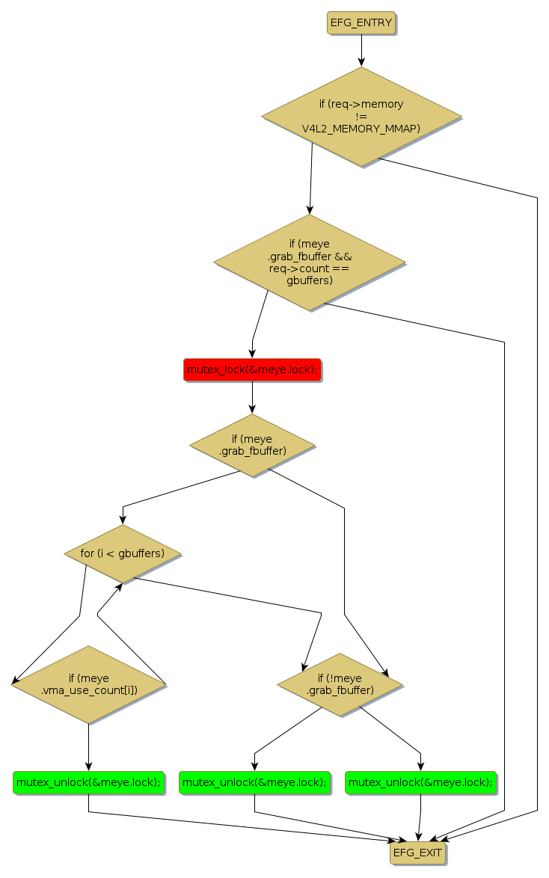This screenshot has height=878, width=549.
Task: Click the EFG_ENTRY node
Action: (x=361, y=23)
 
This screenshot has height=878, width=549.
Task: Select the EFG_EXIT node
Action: (x=417, y=853)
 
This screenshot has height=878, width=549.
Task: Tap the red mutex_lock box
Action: (x=252, y=369)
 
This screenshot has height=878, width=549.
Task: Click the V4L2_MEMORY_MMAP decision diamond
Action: (x=361, y=117)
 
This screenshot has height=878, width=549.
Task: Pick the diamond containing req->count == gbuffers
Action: (x=310, y=263)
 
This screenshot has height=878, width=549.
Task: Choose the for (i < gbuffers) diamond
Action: (x=123, y=554)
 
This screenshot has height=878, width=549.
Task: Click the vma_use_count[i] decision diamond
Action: (x=88, y=684)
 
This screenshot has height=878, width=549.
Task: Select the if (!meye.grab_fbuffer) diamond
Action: (x=340, y=684)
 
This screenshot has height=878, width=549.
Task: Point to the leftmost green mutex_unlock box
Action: (x=88, y=782)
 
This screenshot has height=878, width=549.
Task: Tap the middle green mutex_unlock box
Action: (x=254, y=782)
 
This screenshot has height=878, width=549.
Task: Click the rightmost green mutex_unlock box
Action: (x=420, y=782)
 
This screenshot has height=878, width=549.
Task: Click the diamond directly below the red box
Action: (x=252, y=446)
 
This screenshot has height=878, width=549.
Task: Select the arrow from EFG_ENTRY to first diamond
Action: (x=361, y=50)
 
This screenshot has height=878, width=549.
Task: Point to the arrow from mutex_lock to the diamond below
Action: (x=252, y=397)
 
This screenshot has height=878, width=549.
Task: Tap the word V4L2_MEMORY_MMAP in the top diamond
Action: (x=361, y=129)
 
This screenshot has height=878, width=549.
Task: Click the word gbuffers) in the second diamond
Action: (x=310, y=280)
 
